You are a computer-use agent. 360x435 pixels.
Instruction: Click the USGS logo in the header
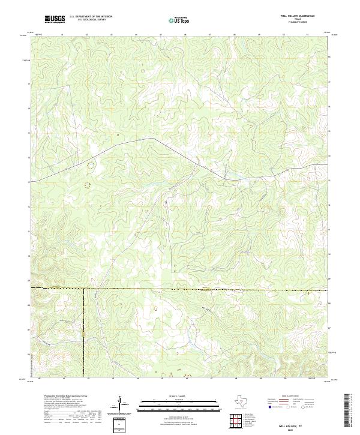coord(55,19)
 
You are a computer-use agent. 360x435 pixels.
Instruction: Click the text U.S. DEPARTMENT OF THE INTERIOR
coord(91,17)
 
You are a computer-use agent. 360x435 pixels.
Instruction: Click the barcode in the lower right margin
coord(349,410)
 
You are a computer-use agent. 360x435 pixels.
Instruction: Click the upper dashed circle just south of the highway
coord(91,164)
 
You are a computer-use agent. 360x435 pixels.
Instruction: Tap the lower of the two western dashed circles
coord(87,185)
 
